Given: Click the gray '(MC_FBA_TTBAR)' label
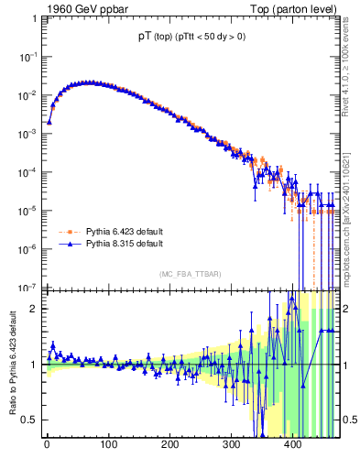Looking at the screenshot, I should [190, 275].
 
